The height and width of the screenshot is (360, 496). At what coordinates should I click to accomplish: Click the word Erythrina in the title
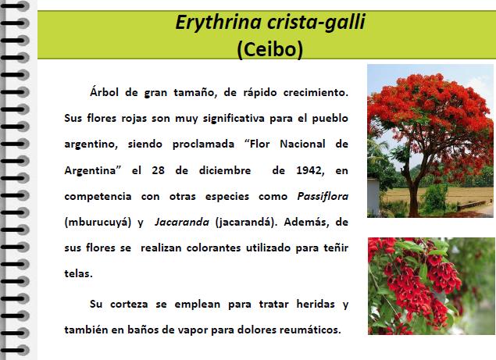(218, 23)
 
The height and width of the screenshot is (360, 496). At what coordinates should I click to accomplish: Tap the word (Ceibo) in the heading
(269, 49)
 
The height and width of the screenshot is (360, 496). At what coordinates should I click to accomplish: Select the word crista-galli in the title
(316, 22)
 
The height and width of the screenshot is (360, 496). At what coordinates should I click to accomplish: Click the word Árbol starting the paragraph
(104, 92)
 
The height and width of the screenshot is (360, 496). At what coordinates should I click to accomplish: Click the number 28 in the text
(158, 170)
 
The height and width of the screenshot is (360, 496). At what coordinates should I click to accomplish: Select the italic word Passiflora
(323, 197)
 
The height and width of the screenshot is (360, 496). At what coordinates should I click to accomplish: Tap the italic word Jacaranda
(182, 222)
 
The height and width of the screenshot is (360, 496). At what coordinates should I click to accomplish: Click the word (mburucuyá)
(98, 223)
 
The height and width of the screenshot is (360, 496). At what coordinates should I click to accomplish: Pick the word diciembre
(225, 170)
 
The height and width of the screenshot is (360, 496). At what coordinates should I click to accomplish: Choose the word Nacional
(302, 144)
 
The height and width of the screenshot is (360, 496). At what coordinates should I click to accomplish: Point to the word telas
(78, 273)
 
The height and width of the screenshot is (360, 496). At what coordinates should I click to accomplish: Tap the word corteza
(129, 305)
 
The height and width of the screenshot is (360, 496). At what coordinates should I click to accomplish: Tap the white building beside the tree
(373, 196)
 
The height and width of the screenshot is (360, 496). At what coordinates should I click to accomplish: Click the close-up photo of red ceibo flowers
(431, 287)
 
